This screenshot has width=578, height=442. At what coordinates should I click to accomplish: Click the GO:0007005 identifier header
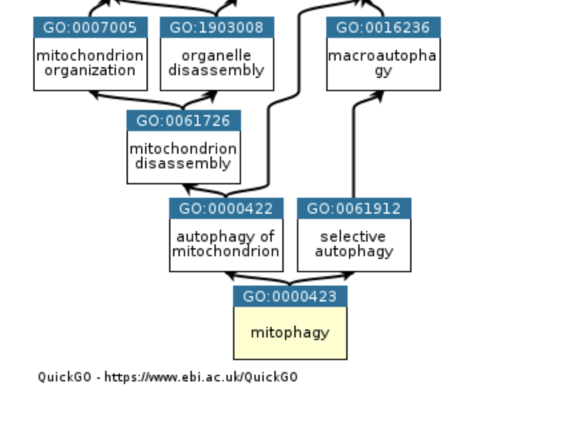[x=90, y=28]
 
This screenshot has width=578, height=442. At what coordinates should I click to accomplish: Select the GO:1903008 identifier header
[x=216, y=28]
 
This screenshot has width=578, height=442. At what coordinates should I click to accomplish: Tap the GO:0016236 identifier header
[x=383, y=28]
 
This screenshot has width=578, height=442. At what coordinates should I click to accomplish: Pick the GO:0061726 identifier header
[x=183, y=121]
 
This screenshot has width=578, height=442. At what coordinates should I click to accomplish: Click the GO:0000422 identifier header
[x=226, y=209]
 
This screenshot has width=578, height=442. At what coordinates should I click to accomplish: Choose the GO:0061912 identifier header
[x=354, y=209]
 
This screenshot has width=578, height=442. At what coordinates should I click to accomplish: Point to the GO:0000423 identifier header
[x=290, y=297]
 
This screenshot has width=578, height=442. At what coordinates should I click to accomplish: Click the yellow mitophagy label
[x=290, y=332]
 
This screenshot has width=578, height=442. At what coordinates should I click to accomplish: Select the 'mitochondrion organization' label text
[x=90, y=63]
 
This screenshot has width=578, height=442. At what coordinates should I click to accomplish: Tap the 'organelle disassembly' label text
[x=216, y=63]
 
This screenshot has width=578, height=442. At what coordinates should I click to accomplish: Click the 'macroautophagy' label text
[x=383, y=63]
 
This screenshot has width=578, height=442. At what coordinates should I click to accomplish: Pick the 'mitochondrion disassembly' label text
[x=183, y=156]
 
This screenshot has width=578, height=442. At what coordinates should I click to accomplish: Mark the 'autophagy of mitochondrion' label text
[x=226, y=244]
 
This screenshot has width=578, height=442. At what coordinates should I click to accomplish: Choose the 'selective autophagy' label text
[x=354, y=244]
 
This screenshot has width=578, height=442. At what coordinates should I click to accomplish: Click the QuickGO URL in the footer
[x=200, y=377]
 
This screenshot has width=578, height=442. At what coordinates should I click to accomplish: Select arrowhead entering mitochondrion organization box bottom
[x=95, y=95]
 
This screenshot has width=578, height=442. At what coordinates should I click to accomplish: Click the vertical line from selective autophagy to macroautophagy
[x=353, y=153]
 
